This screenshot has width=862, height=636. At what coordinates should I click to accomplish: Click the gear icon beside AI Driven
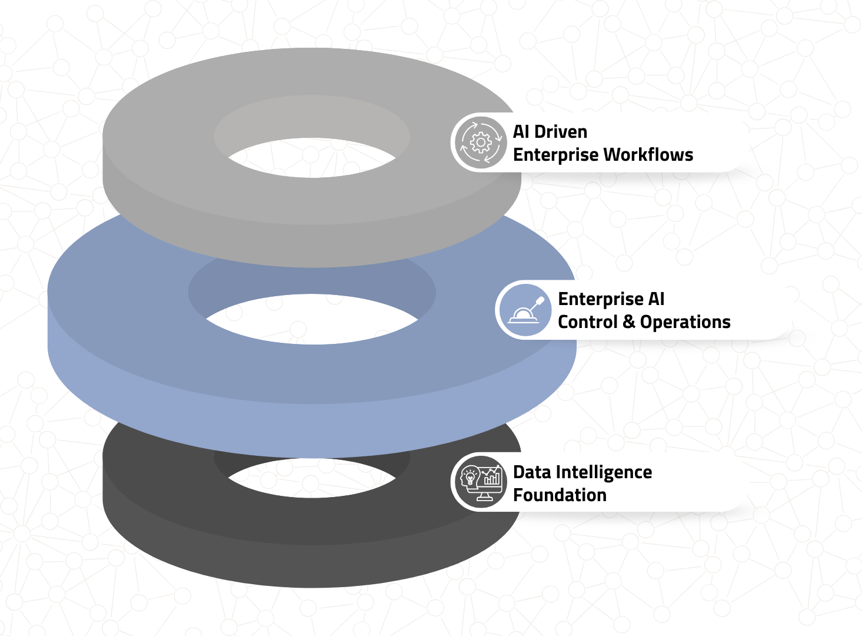481,143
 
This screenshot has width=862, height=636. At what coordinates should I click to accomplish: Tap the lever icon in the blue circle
525,310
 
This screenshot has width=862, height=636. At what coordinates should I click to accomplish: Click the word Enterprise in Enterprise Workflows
555,155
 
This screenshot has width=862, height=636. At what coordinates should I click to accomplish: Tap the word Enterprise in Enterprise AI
600,300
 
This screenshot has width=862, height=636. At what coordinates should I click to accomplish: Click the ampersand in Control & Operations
628,322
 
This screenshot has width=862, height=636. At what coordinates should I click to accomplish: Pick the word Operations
685,322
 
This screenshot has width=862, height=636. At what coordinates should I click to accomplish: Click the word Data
531,472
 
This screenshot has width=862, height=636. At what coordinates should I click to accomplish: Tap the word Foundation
560,495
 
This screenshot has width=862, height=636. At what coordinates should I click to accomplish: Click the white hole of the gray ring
312,158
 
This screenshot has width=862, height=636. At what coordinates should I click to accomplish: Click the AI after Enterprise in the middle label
656,299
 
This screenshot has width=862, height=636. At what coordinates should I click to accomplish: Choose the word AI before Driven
521,132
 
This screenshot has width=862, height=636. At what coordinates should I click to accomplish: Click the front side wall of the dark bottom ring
312,565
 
